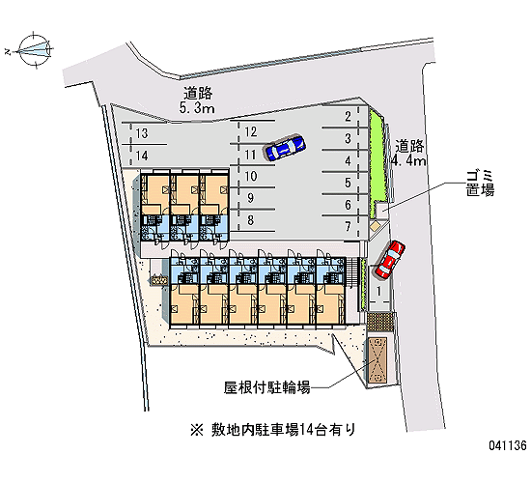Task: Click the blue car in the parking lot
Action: pos(285,148)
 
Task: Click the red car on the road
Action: pos(390,260)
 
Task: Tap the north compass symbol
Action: pos(34,50)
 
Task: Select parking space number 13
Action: pos(142,133)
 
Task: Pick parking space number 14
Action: pos(142,156)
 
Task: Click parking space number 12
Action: pos(251,131)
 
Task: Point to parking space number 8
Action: pos(251,220)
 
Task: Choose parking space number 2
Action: pos(348,117)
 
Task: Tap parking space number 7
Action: pos(348,226)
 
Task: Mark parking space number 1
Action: pos(379,291)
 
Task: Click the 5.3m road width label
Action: pos(197,108)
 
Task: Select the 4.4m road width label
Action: pos(408,160)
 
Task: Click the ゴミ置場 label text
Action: pos(480,183)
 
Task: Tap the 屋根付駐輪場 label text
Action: pos(266,387)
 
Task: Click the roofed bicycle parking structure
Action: pos(377,360)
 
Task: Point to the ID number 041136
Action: pos(507,445)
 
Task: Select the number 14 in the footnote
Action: pos(306,431)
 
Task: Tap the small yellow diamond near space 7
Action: pos(375,226)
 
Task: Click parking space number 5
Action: pos(348,183)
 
